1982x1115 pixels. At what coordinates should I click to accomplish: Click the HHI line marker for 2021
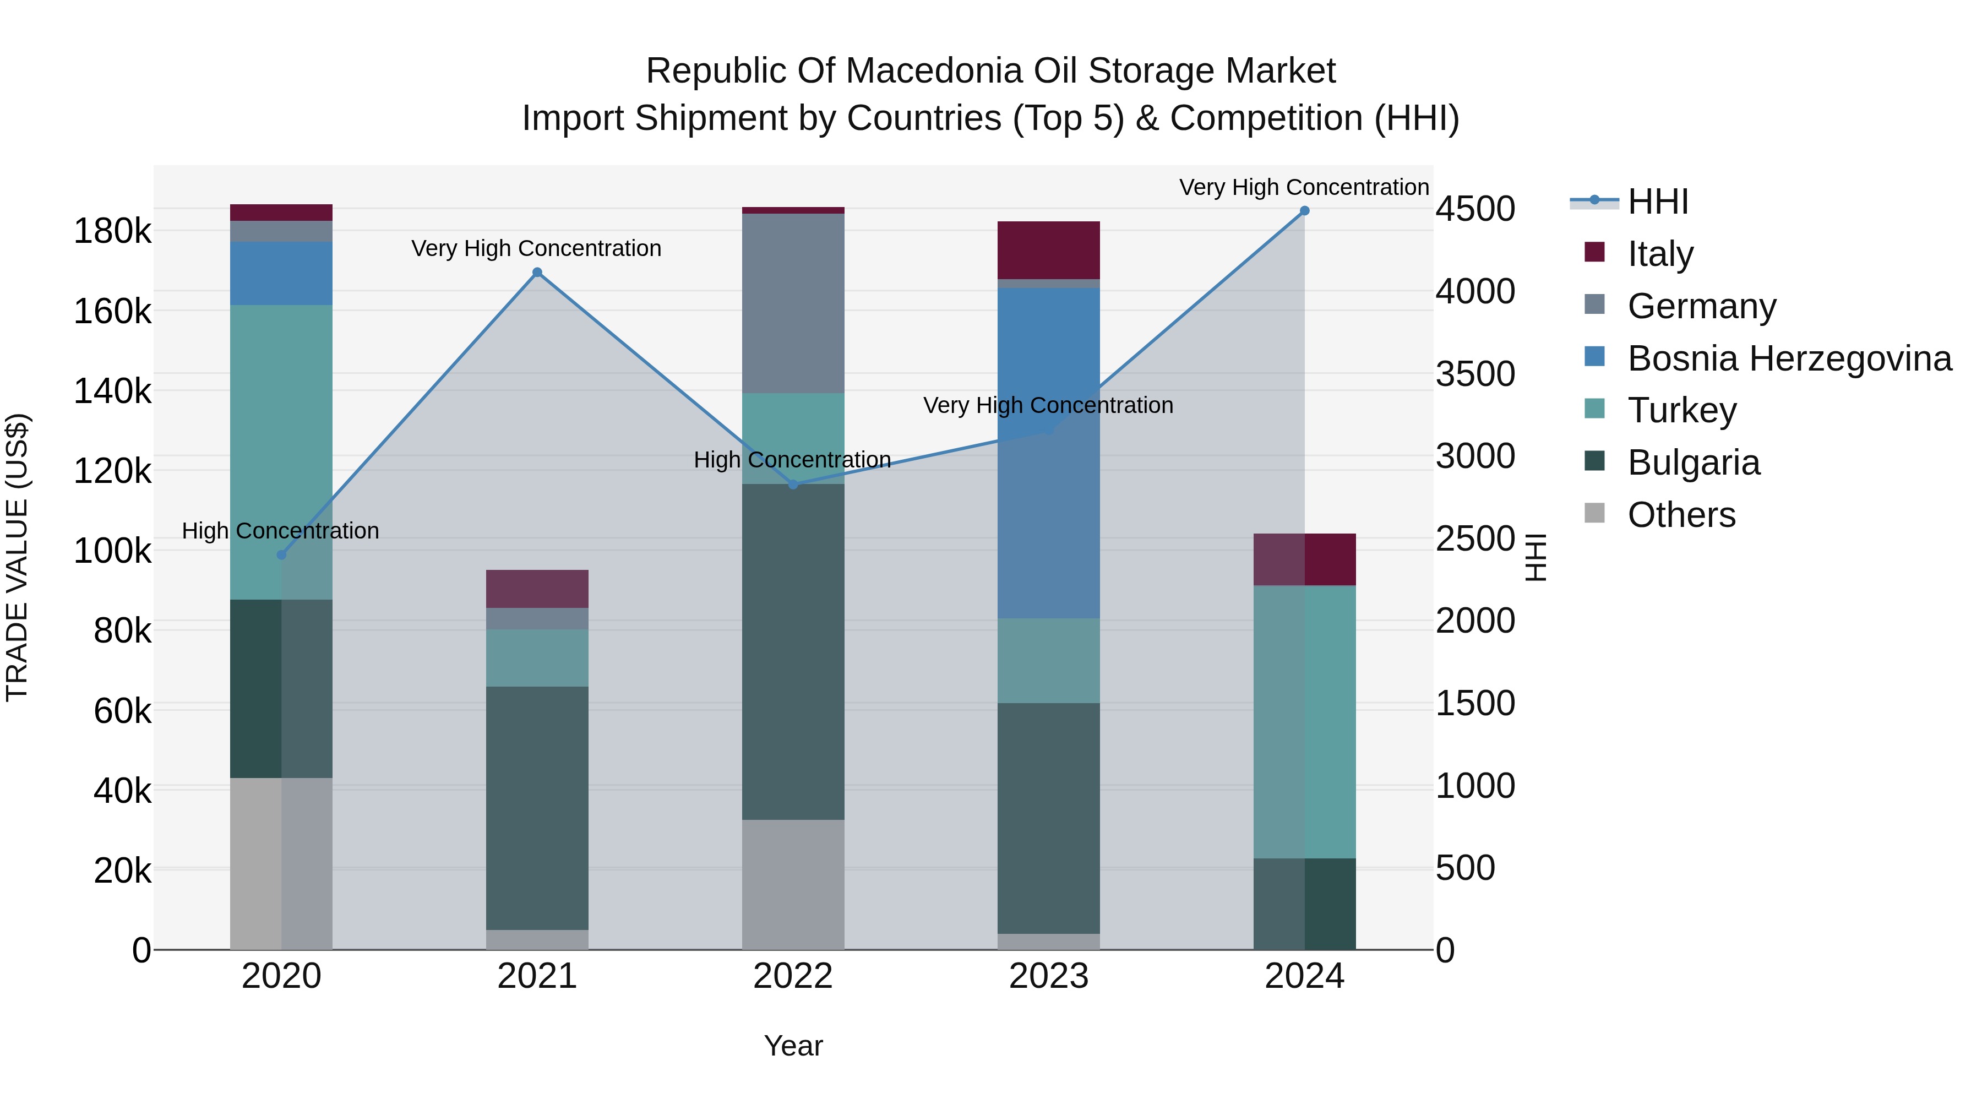[537, 273]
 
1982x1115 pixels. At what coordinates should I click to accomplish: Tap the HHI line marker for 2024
[1304, 211]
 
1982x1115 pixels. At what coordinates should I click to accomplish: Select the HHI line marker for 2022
[793, 484]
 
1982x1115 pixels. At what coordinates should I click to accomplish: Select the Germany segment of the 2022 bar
[793, 303]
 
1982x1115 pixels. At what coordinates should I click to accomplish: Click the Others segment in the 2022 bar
[793, 884]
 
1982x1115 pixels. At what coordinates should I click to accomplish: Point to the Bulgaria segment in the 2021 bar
[537, 808]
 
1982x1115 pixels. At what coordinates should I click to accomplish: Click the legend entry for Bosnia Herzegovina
[1789, 358]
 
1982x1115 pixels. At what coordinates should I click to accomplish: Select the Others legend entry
[1681, 515]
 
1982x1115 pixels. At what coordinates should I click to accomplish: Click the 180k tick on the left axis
[112, 231]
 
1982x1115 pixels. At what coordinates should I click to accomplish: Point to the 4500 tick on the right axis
[1475, 209]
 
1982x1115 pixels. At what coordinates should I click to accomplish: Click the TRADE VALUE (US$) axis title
[17, 557]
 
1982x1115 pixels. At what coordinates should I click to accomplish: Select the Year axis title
[793, 1046]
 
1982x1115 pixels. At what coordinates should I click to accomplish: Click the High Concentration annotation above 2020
[280, 531]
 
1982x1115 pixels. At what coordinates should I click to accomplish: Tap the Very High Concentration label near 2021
[536, 248]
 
